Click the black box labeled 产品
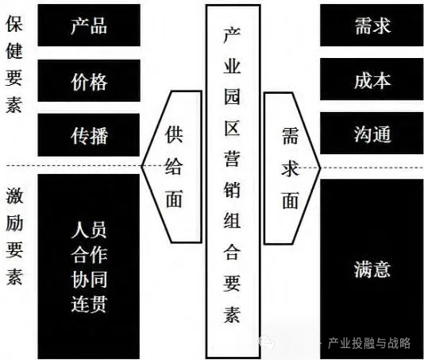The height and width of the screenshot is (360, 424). coord(89,25)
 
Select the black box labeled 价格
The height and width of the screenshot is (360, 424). coord(89,80)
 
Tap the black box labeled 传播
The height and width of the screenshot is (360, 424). coord(89,135)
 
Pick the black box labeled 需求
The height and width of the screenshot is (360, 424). coord(372,25)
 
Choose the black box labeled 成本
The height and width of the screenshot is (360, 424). coord(372,79)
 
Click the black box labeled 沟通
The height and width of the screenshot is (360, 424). coord(372,134)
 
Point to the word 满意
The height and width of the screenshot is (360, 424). coord(372,269)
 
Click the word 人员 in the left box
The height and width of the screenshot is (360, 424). coord(89,230)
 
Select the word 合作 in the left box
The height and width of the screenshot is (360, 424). coord(89,254)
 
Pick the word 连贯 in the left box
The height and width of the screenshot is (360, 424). coord(89,304)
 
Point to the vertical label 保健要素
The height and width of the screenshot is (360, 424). coord(13,64)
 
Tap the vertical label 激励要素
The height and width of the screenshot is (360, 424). coord(14,235)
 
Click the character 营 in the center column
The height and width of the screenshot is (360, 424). coord(232,157)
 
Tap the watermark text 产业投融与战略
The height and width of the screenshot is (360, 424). coord(369,343)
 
